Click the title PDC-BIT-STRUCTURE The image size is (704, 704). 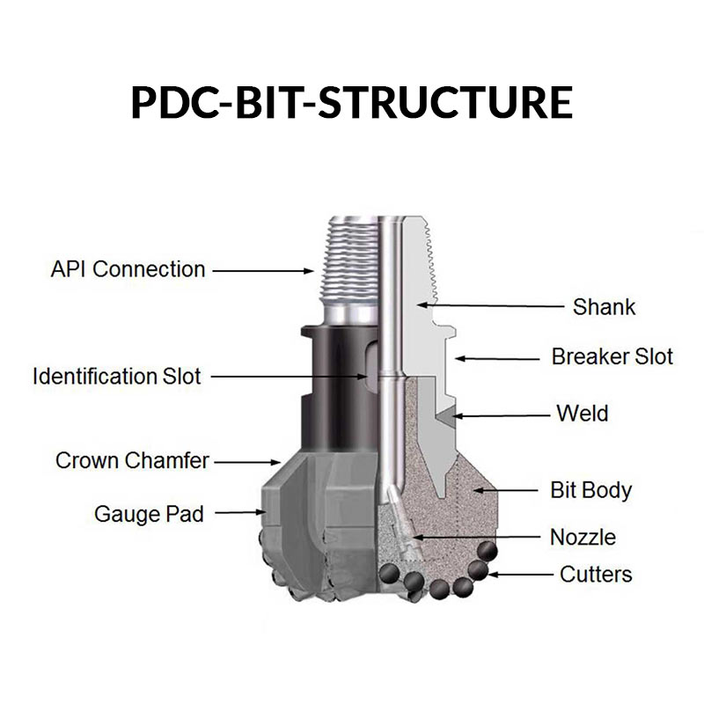coord(352,102)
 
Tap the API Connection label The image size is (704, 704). coord(128,269)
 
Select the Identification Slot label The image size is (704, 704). coord(117,377)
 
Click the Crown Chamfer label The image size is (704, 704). coord(133,460)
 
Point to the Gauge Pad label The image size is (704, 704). coord(149,513)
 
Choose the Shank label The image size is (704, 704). coord(604,307)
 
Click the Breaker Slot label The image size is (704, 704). coord(612,357)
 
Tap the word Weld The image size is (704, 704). coord(582,413)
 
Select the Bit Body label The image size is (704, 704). coord(590,489)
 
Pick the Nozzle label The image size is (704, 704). coord(583,537)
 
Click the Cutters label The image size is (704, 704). coord(596,575)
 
